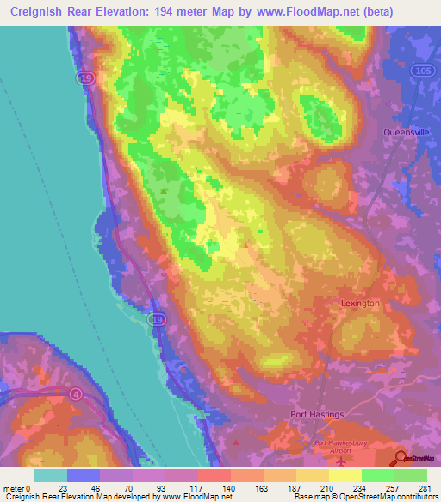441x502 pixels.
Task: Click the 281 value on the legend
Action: pos(425,489)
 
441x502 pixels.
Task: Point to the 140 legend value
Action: pos(228,489)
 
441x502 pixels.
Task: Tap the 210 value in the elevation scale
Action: pos(326,489)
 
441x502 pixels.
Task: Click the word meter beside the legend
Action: pos(13,489)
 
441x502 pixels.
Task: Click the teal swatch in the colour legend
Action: pos(51,475)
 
